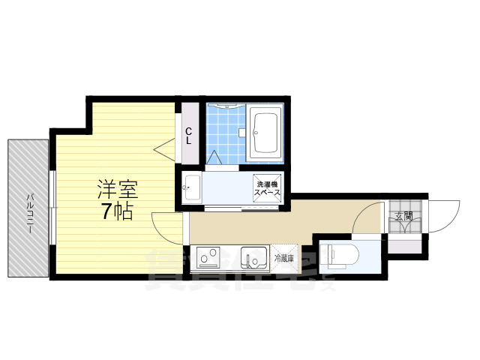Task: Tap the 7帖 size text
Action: pos(117,212)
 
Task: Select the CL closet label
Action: pos(189,136)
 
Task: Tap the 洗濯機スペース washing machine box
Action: pos(268,189)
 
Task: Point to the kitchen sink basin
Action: pos(254,259)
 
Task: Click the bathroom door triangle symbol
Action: pos(214,158)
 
